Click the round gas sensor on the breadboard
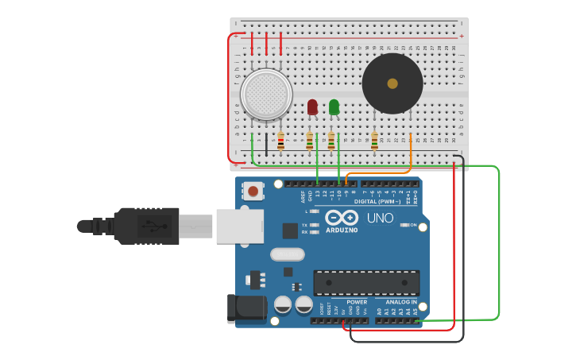(x=266, y=95)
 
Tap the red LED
(x=312, y=106)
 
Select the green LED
(x=334, y=106)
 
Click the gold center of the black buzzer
(x=392, y=83)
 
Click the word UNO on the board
(x=380, y=218)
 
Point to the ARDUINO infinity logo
(x=341, y=217)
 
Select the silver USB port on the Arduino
(x=239, y=226)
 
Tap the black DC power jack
(x=246, y=309)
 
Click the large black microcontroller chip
(x=366, y=283)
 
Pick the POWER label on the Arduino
(x=357, y=302)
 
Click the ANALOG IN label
(x=401, y=302)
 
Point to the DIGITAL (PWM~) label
(x=377, y=201)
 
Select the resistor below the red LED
(x=310, y=141)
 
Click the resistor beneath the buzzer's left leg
(x=374, y=141)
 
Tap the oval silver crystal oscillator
(x=287, y=254)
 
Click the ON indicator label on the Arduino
(x=413, y=225)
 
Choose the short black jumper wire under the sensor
(x=266, y=143)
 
